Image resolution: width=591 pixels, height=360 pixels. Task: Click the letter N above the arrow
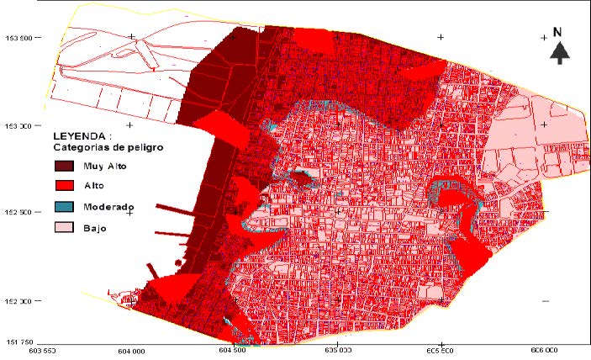click(x=557, y=32)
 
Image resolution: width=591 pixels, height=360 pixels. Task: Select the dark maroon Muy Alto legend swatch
click(x=65, y=167)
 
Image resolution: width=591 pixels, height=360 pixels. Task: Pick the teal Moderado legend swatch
click(x=65, y=207)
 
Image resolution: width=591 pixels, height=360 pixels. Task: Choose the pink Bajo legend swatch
click(x=65, y=227)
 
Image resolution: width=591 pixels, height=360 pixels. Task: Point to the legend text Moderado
click(x=109, y=207)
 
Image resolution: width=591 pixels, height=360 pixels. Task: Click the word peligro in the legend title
click(x=143, y=146)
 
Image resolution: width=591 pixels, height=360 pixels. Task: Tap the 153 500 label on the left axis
click(x=19, y=37)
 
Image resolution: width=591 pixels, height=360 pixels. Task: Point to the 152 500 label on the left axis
click(x=19, y=212)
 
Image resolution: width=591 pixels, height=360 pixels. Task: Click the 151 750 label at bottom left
click(x=19, y=341)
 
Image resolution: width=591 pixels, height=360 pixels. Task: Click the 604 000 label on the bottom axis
click(x=131, y=352)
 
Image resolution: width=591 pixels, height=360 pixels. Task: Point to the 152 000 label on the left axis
click(x=19, y=300)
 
